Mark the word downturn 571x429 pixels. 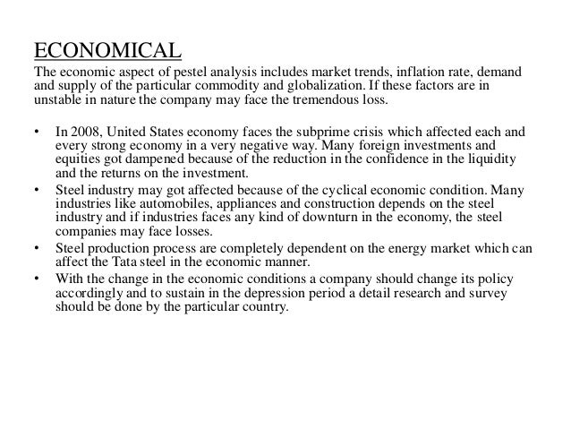tap(323, 218)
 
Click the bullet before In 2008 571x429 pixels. tap(36, 132)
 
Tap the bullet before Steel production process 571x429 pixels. tap(36, 246)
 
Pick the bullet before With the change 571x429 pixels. tap(36, 275)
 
